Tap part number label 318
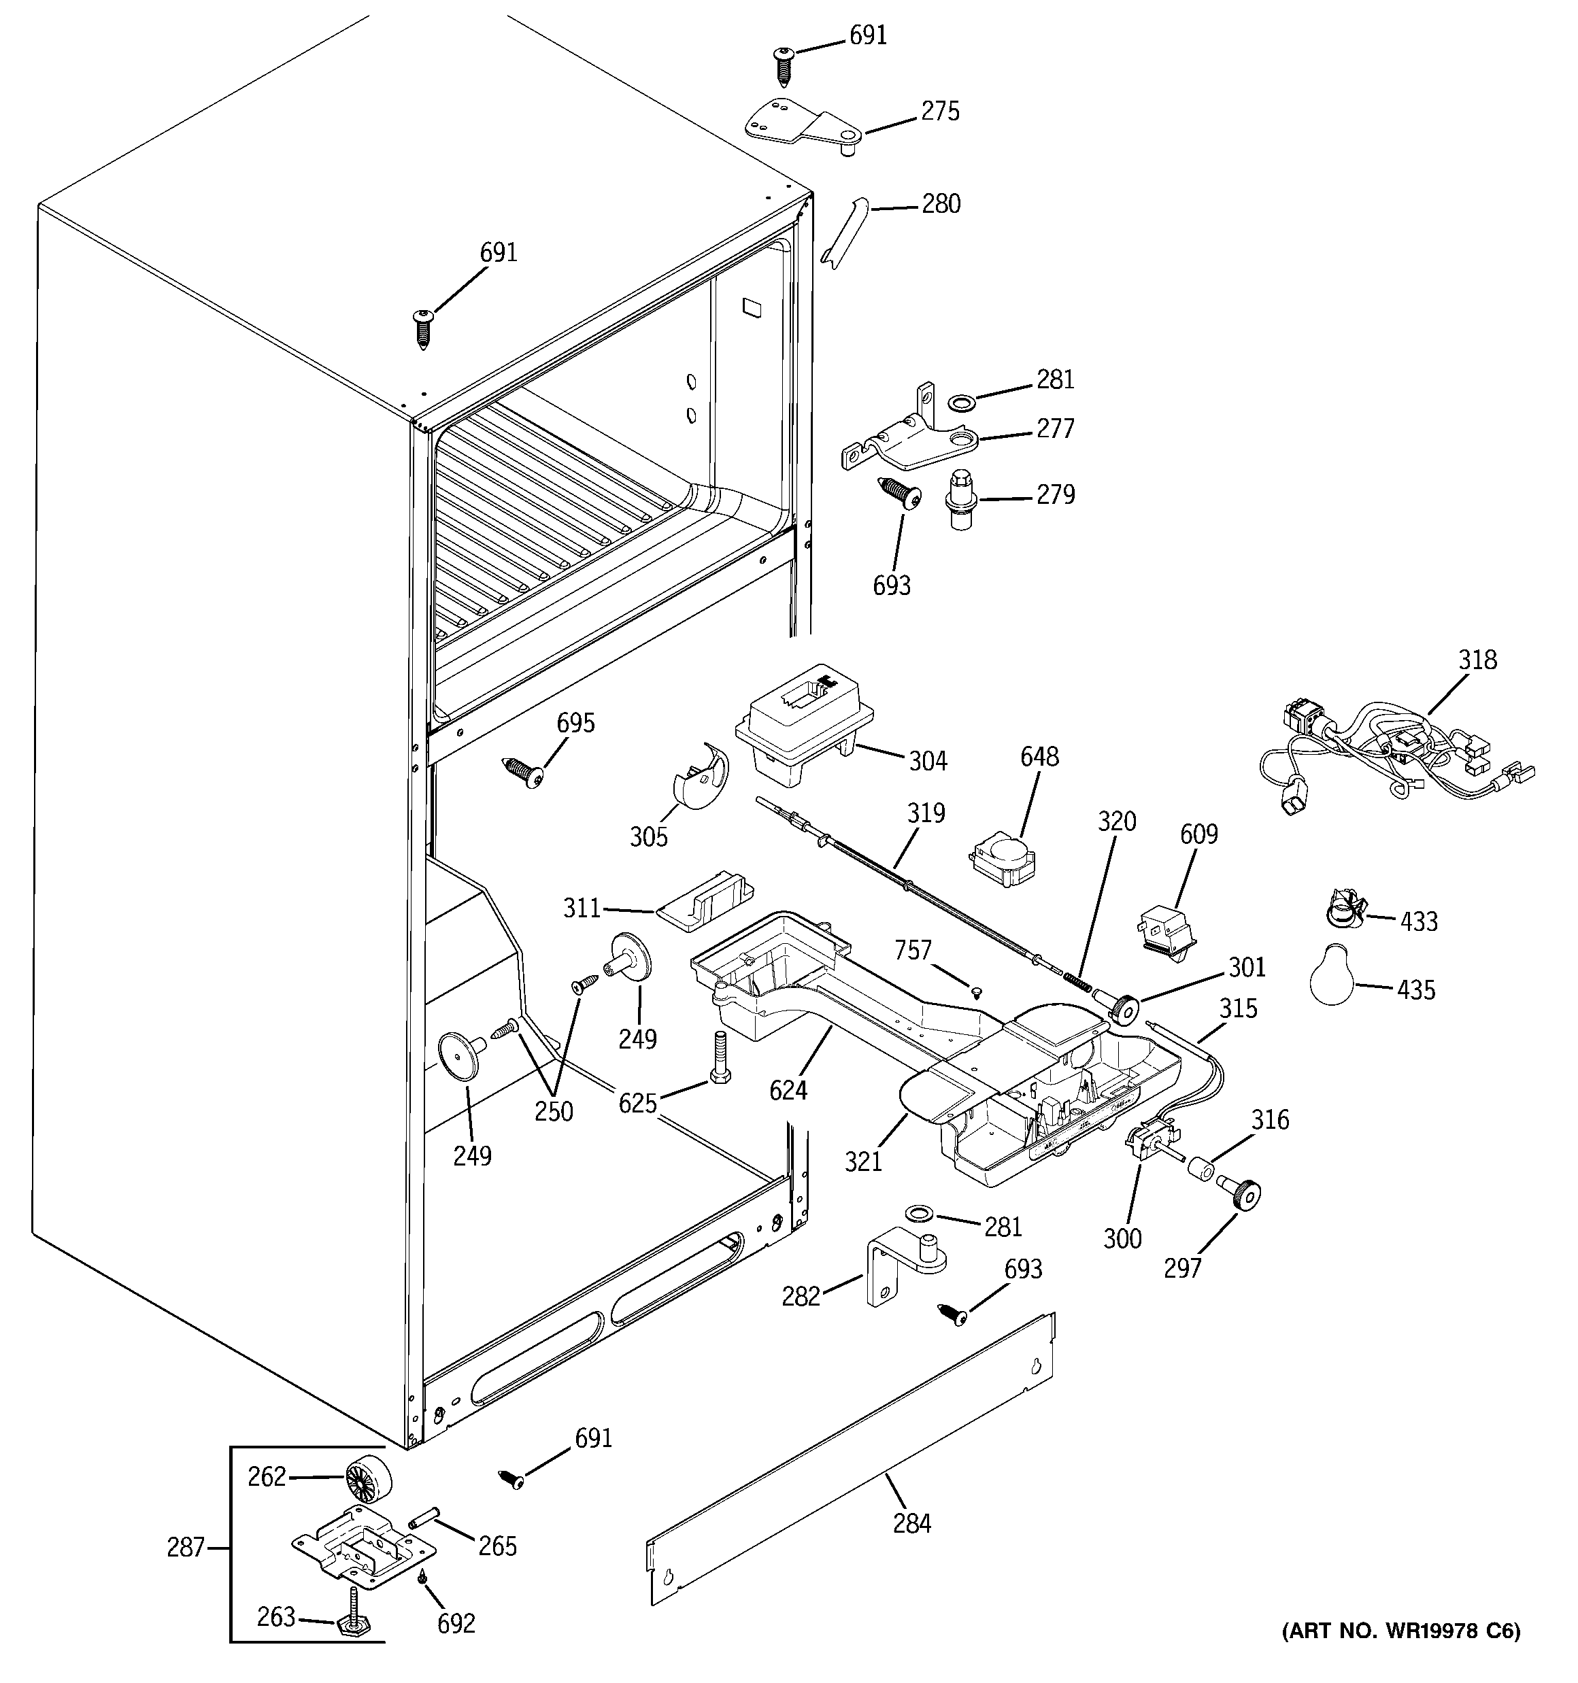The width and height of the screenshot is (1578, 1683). pyautogui.click(x=1477, y=659)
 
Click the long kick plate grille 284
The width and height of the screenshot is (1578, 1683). pyautogui.click(x=852, y=1459)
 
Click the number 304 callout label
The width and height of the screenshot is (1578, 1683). pyautogui.click(x=928, y=761)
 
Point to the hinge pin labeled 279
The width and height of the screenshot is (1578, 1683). pyautogui.click(x=960, y=498)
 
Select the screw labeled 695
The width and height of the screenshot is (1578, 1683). pyautogui.click(x=524, y=770)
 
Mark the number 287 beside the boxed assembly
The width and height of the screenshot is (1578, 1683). pyautogui.click(x=186, y=1548)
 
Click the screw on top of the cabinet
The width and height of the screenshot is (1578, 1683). pyautogui.click(x=422, y=327)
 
